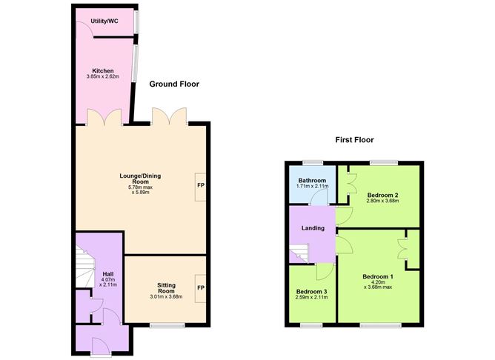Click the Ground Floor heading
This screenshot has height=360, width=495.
[x=174, y=84]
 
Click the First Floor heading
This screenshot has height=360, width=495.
[x=354, y=140]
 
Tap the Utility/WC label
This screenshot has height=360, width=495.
[x=104, y=21]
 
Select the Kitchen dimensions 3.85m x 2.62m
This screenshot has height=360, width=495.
[x=102, y=77]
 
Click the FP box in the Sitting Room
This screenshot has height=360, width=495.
[x=201, y=289]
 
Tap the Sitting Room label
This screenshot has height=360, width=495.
[x=167, y=288]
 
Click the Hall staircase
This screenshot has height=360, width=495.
[x=85, y=267]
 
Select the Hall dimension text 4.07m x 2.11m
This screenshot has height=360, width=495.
[x=108, y=282]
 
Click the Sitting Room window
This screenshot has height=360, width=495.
[x=167, y=325]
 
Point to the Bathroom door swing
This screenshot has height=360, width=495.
[x=319, y=198]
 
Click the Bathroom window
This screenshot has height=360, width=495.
[x=313, y=163]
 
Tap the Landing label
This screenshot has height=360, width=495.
[x=313, y=228]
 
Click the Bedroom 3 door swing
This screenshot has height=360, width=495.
[x=325, y=272]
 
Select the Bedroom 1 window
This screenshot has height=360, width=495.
[x=381, y=325]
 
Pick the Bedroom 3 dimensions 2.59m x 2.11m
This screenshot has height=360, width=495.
[x=311, y=297]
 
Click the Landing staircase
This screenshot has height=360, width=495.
[x=299, y=253]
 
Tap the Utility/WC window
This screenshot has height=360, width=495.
[x=136, y=21]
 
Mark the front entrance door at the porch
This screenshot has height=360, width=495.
[x=100, y=347]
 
